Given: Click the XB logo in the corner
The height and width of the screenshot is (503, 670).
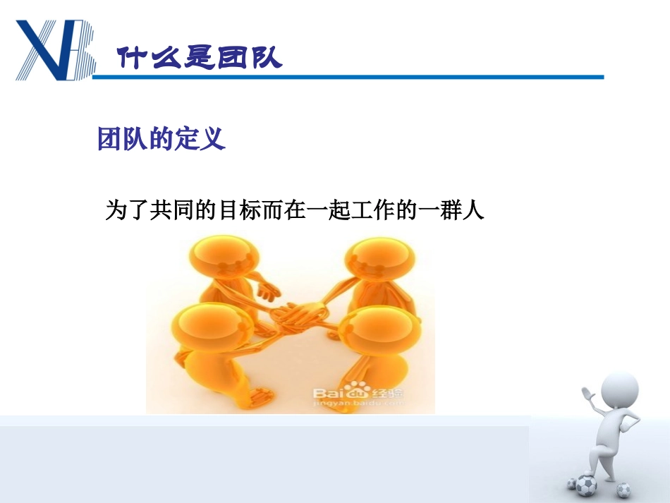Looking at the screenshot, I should (55, 49).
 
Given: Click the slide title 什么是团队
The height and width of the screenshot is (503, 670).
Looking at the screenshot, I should (199, 57).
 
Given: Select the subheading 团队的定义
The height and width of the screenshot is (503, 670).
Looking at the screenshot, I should (161, 139).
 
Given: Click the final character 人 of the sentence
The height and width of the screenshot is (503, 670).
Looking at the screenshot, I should (474, 210).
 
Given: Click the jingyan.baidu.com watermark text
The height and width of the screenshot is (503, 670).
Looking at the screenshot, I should (356, 404).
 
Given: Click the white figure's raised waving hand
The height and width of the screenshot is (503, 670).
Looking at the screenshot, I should (587, 392).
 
